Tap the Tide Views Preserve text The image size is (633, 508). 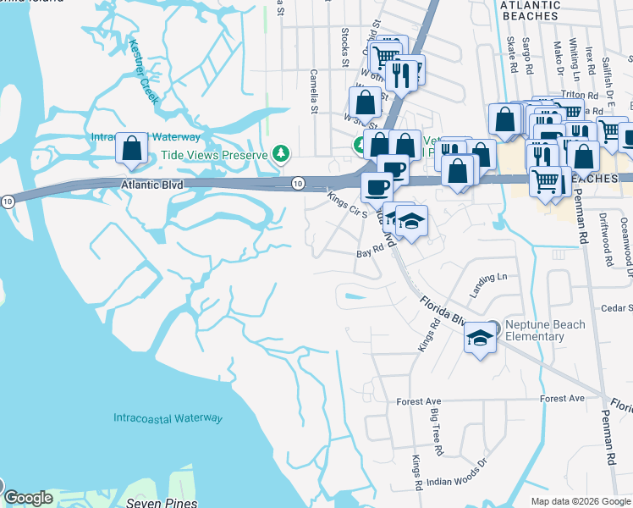(214, 156)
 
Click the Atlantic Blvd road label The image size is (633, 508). (152, 182)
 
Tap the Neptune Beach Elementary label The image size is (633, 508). (534, 330)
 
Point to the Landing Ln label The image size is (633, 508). (489, 277)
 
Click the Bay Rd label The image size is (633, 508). (371, 252)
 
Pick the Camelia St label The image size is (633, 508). (313, 91)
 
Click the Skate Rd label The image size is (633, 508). (511, 53)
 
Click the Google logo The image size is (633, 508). (28, 498)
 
